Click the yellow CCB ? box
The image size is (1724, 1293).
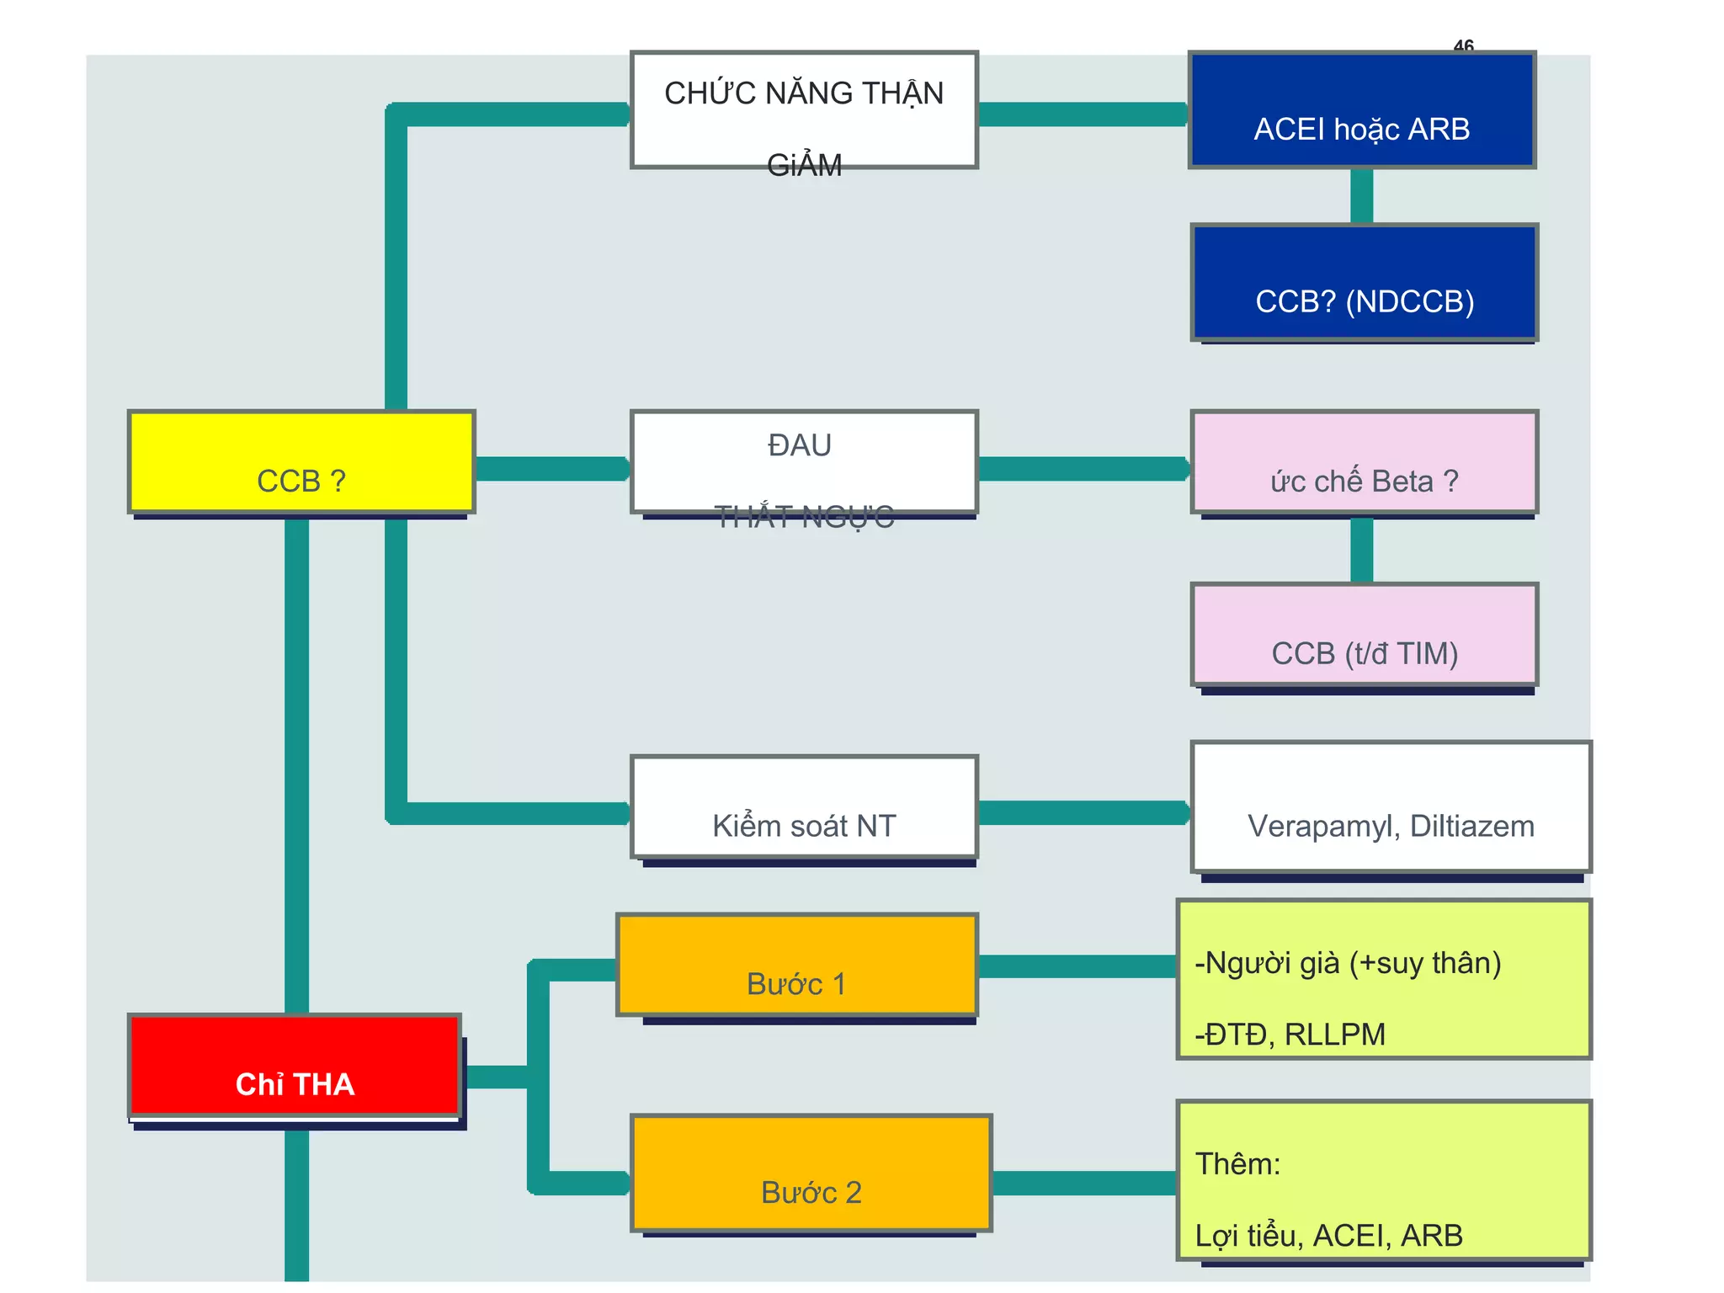[301, 462]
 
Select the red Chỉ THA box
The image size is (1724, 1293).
[295, 1066]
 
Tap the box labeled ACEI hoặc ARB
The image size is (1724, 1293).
[1362, 110]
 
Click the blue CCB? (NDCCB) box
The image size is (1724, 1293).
[1365, 282]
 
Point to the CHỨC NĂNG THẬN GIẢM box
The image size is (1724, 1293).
[804, 110]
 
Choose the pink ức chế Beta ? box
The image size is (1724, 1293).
[1365, 462]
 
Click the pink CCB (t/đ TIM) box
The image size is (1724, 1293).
[1365, 635]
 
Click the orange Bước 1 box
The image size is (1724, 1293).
[796, 965]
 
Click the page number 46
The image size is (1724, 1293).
[1464, 45]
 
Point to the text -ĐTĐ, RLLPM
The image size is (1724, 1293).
[1290, 1034]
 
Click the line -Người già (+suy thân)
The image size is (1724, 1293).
[1348, 963]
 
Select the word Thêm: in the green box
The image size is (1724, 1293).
[1237, 1163]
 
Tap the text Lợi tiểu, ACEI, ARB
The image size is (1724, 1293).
[1328, 1235]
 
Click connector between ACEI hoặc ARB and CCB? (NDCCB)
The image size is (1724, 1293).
[1361, 196]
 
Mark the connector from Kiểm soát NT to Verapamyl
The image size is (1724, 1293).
[1083, 812]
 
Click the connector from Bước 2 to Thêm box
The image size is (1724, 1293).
[1083, 1183]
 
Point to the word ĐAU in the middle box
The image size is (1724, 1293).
[799, 444]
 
